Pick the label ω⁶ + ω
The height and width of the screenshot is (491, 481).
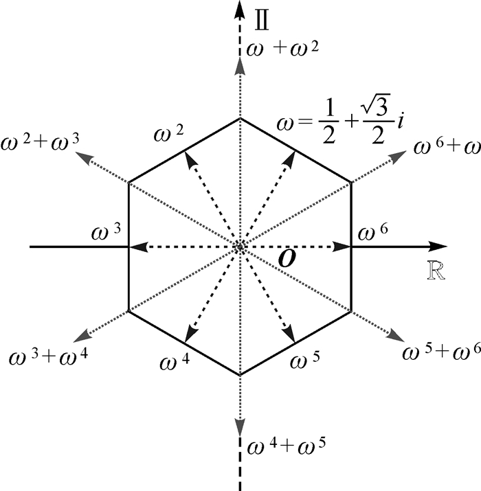(440, 146)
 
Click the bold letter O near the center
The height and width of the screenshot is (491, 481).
(287, 259)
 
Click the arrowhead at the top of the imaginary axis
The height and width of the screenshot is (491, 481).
(240, 8)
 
